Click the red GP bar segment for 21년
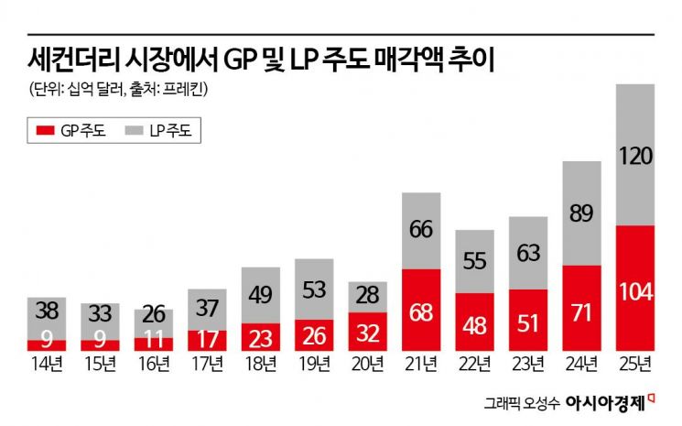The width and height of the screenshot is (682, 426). click(x=420, y=310)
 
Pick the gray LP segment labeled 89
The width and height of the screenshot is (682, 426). click(x=581, y=213)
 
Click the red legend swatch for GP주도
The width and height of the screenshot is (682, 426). click(x=44, y=131)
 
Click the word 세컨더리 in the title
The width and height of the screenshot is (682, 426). click(x=64, y=60)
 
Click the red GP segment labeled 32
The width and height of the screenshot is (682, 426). click(x=367, y=331)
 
